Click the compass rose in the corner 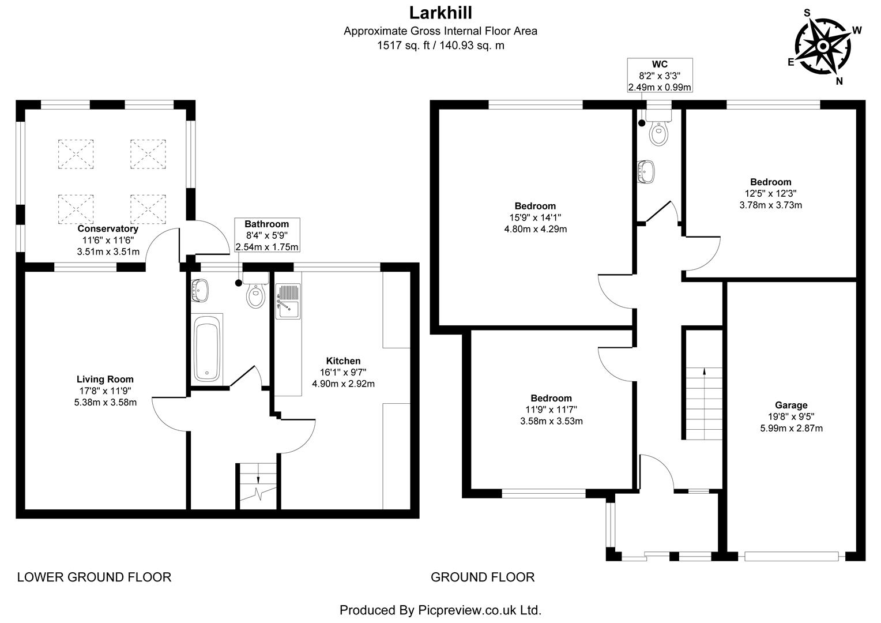click(824, 46)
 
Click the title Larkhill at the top click(440, 12)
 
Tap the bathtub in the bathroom click(206, 348)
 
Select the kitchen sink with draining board click(288, 301)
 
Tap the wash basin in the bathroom click(199, 290)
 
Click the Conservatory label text click(108, 229)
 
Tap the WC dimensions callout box click(660, 75)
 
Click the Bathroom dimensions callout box click(266, 235)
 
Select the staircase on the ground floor click(703, 404)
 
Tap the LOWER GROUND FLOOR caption click(94, 577)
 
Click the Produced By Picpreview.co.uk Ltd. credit click(440, 610)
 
